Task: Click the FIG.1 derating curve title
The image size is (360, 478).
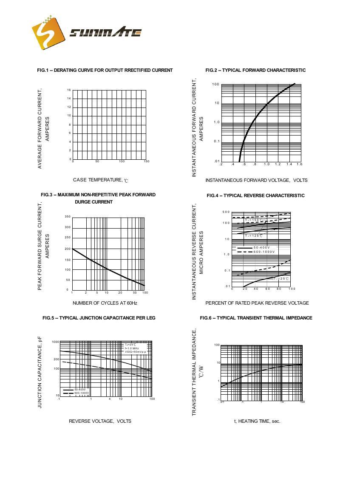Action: click(x=105, y=70)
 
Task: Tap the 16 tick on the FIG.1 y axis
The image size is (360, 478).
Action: click(x=68, y=90)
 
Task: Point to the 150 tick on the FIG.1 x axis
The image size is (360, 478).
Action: click(x=146, y=161)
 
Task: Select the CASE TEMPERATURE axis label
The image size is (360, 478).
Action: click(x=100, y=180)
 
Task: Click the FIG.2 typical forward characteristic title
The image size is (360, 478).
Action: click(x=255, y=70)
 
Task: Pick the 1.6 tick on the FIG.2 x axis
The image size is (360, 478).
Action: click(x=299, y=164)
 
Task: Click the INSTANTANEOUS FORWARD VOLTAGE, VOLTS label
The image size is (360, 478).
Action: click(x=256, y=180)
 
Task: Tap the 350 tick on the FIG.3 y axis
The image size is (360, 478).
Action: click(x=68, y=217)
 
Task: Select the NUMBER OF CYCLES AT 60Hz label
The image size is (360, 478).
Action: click(x=105, y=303)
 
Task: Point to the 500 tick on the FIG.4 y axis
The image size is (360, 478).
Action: click(x=226, y=212)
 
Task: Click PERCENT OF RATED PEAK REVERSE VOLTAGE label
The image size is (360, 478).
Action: click(x=257, y=303)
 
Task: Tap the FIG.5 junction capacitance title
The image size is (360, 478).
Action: click(x=99, y=318)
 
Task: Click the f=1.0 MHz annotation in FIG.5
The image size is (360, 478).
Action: click(x=132, y=348)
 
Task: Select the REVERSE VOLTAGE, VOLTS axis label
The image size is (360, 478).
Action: click(x=100, y=421)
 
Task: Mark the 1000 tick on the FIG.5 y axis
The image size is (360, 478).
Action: click(x=56, y=342)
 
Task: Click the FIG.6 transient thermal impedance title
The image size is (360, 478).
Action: click(x=256, y=318)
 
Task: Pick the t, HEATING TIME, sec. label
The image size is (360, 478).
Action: click(x=257, y=421)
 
